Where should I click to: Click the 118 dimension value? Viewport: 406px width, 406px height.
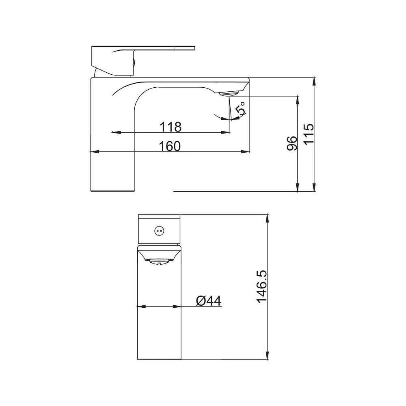click(x=171, y=127)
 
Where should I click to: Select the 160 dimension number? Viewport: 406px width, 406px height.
click(x=170, y=146)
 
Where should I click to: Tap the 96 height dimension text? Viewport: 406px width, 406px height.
click(x=292, y=143)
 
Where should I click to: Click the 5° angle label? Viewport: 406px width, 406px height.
click(x=240, y=108)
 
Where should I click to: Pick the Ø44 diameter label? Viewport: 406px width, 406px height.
click(x=209, y=301)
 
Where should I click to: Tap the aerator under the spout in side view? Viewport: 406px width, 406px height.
click(x=229, y=93)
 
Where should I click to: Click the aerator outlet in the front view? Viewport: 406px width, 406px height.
click(x=158, y=261)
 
